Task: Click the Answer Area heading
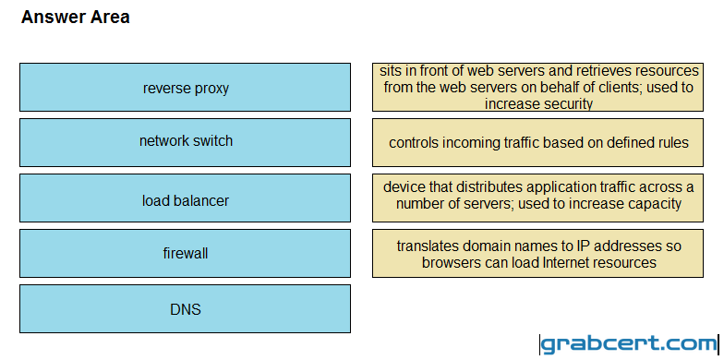click(x=76, y=17)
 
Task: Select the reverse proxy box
click(x=185, y=87)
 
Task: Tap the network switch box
click(x=185, y=142)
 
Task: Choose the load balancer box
click(x=185, y=198)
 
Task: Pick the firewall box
click(x=185, y=253)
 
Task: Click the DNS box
click(x=185, y=308)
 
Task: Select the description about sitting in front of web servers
click(x=537, y=87)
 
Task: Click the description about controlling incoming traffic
click(x=537, y=142)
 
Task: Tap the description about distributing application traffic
click(x=537, y=198)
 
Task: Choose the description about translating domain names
click(x=537, y=253)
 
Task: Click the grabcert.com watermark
click(x=630, y=344)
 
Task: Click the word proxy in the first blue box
click(x=211, y=89)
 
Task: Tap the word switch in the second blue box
click(x=213, y=140)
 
